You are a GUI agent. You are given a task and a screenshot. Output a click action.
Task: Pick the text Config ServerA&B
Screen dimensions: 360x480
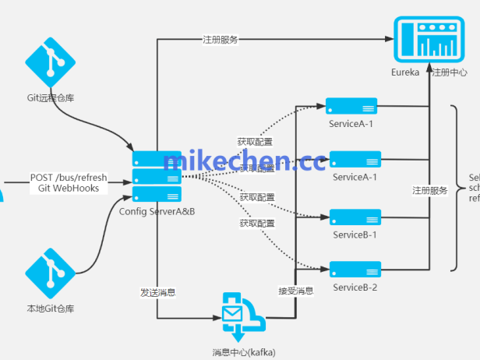click(157, 211)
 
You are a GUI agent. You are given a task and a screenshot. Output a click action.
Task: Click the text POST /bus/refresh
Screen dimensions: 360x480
click(69, 178)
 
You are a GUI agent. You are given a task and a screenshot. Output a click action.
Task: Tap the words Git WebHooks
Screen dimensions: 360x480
click(69, 189)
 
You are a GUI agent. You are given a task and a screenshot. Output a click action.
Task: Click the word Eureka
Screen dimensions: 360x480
click(405, 72)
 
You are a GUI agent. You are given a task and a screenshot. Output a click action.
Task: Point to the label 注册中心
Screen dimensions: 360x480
click(450, 72)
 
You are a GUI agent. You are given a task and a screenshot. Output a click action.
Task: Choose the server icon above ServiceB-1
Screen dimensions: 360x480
click(355, 217)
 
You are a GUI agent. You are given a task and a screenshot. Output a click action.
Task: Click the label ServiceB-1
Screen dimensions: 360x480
click(355, 235)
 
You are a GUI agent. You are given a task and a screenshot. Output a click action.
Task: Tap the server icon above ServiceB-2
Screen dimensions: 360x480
click(355, 270)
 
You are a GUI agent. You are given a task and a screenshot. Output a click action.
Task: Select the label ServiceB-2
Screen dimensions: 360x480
click(355, 288)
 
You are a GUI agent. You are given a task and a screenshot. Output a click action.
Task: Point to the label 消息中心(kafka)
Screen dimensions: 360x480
click(244, 352)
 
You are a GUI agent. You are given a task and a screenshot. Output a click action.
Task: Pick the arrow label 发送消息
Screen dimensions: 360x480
click(157, 292)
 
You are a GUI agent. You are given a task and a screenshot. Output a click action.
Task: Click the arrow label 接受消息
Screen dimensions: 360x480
click(296, 291)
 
